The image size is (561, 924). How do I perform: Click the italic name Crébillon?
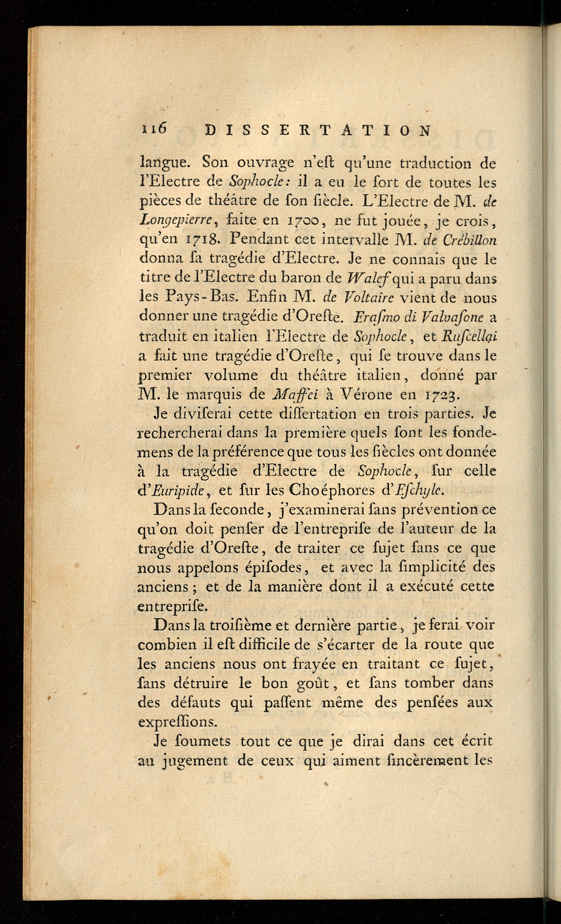point(470,240)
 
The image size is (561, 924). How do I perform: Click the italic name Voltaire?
point(369,298)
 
